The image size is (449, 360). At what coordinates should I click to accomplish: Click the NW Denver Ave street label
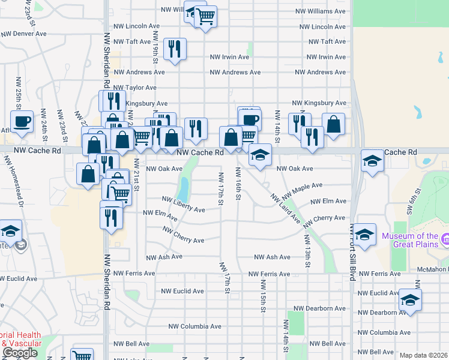tap(23, 34)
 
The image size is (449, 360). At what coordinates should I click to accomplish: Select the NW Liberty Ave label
tap(184, 203)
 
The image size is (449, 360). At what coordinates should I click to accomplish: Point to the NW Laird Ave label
tap(284, 208)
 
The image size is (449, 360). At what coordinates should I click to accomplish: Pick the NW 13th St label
tap(307, 251)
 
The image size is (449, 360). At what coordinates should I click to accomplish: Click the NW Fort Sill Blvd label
tap(352, 252)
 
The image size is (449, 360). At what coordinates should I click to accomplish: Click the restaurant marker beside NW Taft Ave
tap(175, 48)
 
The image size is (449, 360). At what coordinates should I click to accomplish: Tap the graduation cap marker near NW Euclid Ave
tap(410, 299)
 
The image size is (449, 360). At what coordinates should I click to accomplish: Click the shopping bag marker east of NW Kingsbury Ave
tap(333, 124)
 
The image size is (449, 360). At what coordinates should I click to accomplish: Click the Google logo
tap(20, 353)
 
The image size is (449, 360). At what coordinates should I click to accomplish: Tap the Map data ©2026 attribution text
tap(423, 355)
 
